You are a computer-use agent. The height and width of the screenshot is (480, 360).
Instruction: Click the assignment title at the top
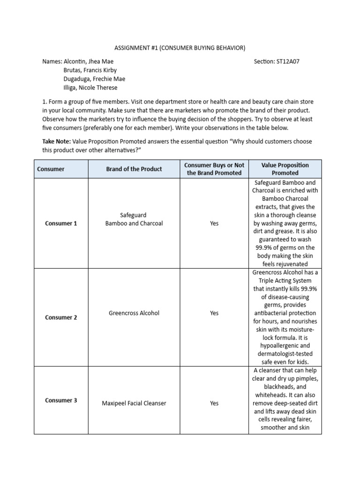pos(180,48)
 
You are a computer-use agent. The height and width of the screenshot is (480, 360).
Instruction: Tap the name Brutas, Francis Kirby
pos(90,70)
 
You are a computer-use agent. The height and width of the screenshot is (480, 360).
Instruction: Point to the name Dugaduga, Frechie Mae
pos(94,79)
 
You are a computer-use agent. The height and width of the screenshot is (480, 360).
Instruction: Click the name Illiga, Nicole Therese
pos(90,88)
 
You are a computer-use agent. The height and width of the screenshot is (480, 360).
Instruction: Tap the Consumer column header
pos(51,169)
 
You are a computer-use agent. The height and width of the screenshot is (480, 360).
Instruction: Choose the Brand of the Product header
pos(134,169)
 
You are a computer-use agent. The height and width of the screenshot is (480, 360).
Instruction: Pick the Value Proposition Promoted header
pos(285,169)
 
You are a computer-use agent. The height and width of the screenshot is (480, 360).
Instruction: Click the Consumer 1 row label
pos(61,224)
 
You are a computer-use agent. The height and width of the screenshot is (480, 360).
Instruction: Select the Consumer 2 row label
pos(61,317)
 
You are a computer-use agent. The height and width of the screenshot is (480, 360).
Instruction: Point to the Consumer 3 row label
pos(61,400)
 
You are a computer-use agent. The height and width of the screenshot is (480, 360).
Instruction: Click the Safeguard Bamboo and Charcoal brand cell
pos(134,219)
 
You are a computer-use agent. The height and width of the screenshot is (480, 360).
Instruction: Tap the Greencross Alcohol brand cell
pos(134,313)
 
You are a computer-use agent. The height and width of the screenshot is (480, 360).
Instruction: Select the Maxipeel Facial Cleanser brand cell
pos(134,403)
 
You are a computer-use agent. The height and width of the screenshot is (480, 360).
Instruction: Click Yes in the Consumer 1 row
pos(214,224)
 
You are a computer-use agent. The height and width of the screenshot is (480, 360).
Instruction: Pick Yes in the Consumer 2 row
pos(214,313)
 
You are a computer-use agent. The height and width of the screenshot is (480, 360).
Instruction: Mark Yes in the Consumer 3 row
pos(214,403)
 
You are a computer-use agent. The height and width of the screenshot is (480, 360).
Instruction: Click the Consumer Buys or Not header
pos(214,169)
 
